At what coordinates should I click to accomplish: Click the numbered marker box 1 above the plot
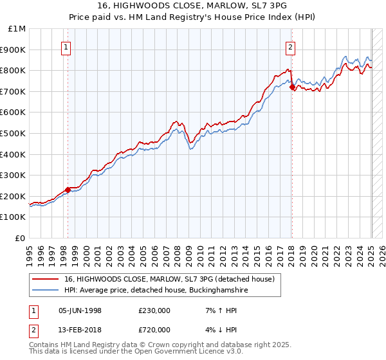point(68,46)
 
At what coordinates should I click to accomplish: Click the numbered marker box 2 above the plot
point(291,46)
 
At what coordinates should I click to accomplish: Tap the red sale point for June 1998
point(68,190)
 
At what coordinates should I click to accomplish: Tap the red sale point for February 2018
point(292,87)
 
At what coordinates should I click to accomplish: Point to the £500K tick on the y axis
point(14,133)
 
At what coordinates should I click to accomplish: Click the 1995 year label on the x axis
point(30,251)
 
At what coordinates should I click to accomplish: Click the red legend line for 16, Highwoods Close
point(46,279)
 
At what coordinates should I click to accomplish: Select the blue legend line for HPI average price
point(46,291)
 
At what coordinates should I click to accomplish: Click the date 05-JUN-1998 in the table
point(80,310)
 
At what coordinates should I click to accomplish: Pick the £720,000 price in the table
point(154,329)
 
